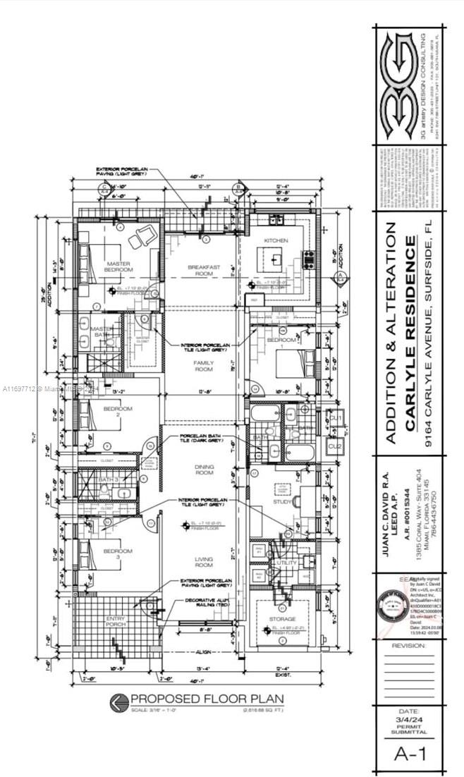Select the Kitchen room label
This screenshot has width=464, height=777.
tap(276, 242)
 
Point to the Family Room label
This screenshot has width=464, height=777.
tap(204, 365)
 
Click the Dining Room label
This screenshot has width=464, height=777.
tap(204, 470)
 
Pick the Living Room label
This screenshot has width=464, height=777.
tap(204, 561)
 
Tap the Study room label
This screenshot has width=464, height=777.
tap(283, 502)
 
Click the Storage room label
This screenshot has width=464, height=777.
tap(283, 618)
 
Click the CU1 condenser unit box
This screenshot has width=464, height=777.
tap(336, 420)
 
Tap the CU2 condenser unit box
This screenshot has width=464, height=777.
tap(336, 446)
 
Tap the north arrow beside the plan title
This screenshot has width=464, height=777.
tap(118, 701)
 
